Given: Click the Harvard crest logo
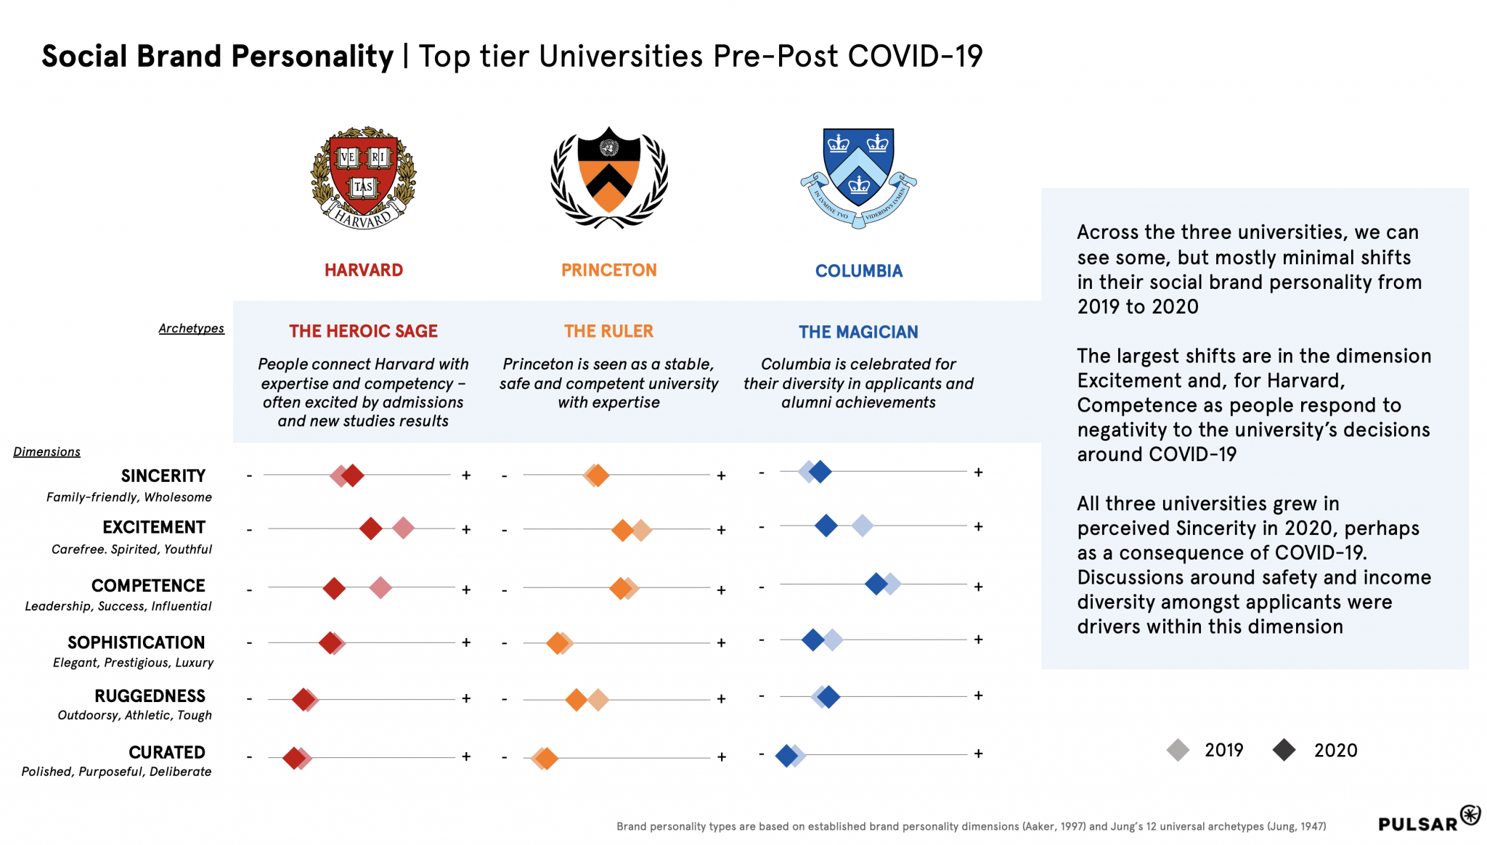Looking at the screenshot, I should click(363, 178).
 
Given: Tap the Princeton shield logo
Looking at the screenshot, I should click(608, 177).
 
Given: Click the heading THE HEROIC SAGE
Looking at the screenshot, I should click(363, 331).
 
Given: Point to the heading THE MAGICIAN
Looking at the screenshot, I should click(858, 332).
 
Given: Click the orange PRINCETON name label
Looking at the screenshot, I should click(608, 270).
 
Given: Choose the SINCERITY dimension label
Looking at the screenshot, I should click(163, 475).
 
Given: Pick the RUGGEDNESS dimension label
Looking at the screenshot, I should click(150, 696).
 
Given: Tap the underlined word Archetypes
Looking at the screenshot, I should click(191, 328).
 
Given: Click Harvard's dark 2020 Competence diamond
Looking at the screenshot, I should click(334, 588).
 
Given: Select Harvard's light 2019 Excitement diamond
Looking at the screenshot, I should click(404, 528).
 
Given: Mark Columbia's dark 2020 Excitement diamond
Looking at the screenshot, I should click(826, 526).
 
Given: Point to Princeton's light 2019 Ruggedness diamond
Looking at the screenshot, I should click(598, 700).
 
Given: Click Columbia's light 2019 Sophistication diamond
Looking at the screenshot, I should click(833, 640).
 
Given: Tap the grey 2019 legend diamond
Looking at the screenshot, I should click(1178, 750).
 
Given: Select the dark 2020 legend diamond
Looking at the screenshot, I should click(1284, 750).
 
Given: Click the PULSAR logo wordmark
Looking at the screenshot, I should click(1418, 824).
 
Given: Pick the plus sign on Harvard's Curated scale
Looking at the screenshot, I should click(466, 756).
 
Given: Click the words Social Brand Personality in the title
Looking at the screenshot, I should click(217, 56).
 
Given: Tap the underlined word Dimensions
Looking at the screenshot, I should click(46, 452).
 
